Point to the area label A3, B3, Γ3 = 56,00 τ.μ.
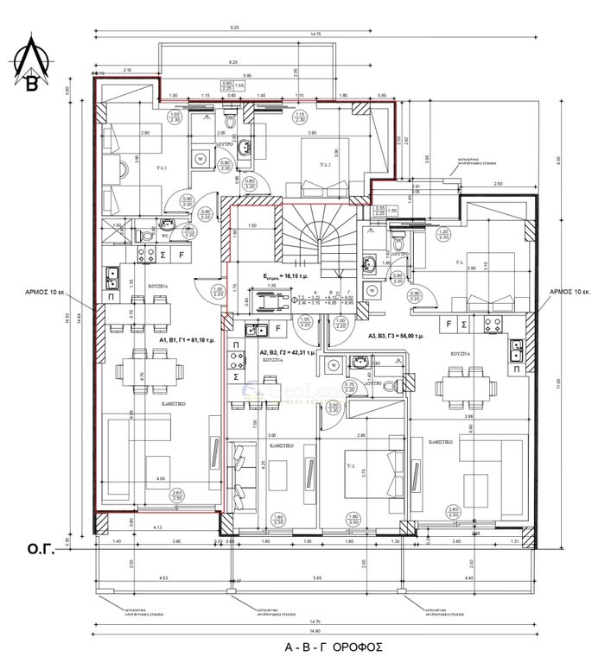407,336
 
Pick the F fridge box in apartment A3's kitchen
449,324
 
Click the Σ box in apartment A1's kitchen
163,256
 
